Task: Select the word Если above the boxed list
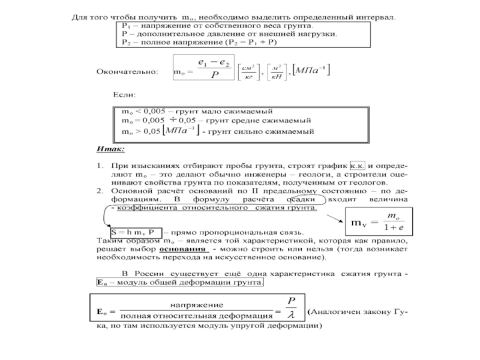click(x=125, y=95)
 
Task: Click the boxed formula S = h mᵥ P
click(x=136, y=231)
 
